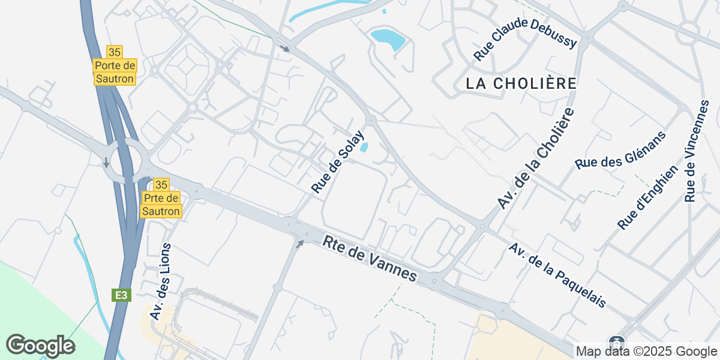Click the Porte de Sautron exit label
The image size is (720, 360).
tap(115, 71)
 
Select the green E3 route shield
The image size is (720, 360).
tap(121, 295)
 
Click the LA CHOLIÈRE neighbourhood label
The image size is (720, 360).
tap(521, 83)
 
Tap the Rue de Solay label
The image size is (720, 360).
tap(338, 161)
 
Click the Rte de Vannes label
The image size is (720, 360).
tap(370, 259)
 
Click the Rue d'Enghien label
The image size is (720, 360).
tap(648, 197)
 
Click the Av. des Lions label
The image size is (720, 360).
tap(161, 281)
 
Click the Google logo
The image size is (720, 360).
tap(40, 345)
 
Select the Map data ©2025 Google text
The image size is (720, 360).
tap(646, 351)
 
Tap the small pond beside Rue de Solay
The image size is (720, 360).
tap(364, 147)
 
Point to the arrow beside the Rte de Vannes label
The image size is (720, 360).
tap(300, 243)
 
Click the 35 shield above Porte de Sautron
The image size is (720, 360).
tap(115, 52)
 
